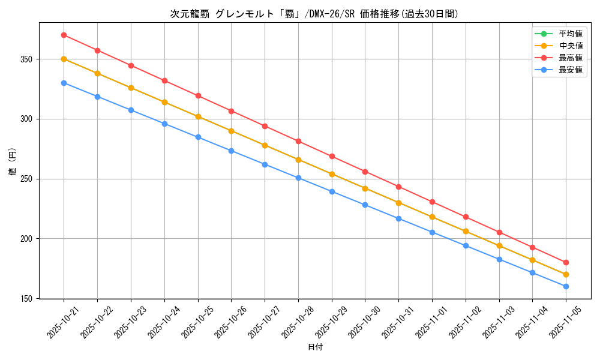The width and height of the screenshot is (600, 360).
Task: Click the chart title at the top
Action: (314, 14)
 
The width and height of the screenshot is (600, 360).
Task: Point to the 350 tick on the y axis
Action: (28, 59)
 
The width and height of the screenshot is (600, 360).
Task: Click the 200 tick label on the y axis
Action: (28, 239)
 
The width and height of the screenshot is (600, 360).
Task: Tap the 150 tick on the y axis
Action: (28, 298)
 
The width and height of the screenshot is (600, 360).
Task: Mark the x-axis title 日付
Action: (314, 347)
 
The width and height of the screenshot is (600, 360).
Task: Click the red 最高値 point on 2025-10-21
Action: (64, 35)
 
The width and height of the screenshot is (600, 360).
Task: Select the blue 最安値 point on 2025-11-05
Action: (566, 286)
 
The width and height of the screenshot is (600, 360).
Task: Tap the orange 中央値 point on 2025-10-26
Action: (231, 131)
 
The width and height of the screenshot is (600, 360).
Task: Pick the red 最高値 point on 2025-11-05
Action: (566, 262)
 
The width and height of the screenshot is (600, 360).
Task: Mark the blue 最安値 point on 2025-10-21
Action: (64, 83)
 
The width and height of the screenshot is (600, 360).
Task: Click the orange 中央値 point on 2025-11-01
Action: (432, 217)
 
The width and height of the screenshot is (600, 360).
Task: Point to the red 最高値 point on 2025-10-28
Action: (298, 142)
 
